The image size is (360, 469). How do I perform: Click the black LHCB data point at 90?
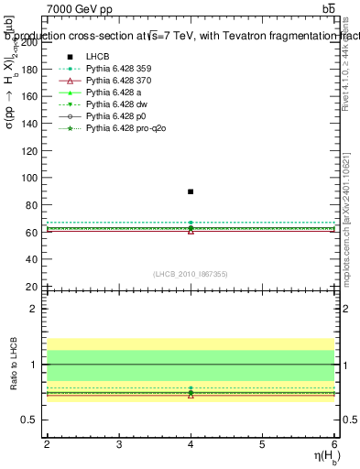click(191, 191)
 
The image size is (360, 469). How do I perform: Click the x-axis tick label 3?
click(119, 444)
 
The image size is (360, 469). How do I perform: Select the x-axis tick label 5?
click(262, 444)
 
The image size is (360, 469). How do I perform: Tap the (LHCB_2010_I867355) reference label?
click(191, 274)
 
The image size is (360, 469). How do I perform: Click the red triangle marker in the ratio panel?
click(191, 395)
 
